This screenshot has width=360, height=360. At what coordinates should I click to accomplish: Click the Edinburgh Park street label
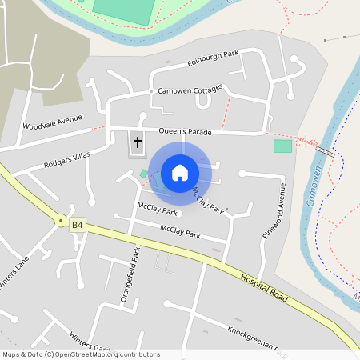click(214, 59)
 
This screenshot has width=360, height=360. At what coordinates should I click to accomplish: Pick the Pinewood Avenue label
click(273, 210)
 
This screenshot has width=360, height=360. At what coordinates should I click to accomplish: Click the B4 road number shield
click(77, 226)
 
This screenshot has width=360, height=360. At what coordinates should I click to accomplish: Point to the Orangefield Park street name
click(129, 274)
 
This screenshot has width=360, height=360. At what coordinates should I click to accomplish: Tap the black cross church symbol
click(137, 143)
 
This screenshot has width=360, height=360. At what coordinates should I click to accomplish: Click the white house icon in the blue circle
click(180, 172)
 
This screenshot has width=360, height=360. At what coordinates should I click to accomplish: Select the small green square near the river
click(282, 146)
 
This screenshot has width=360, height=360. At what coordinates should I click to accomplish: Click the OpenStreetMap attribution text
click(81, 354)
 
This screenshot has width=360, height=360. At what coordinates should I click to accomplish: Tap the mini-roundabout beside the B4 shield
click(60, 219)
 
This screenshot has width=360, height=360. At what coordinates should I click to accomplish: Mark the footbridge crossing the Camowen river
click(324, 150)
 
